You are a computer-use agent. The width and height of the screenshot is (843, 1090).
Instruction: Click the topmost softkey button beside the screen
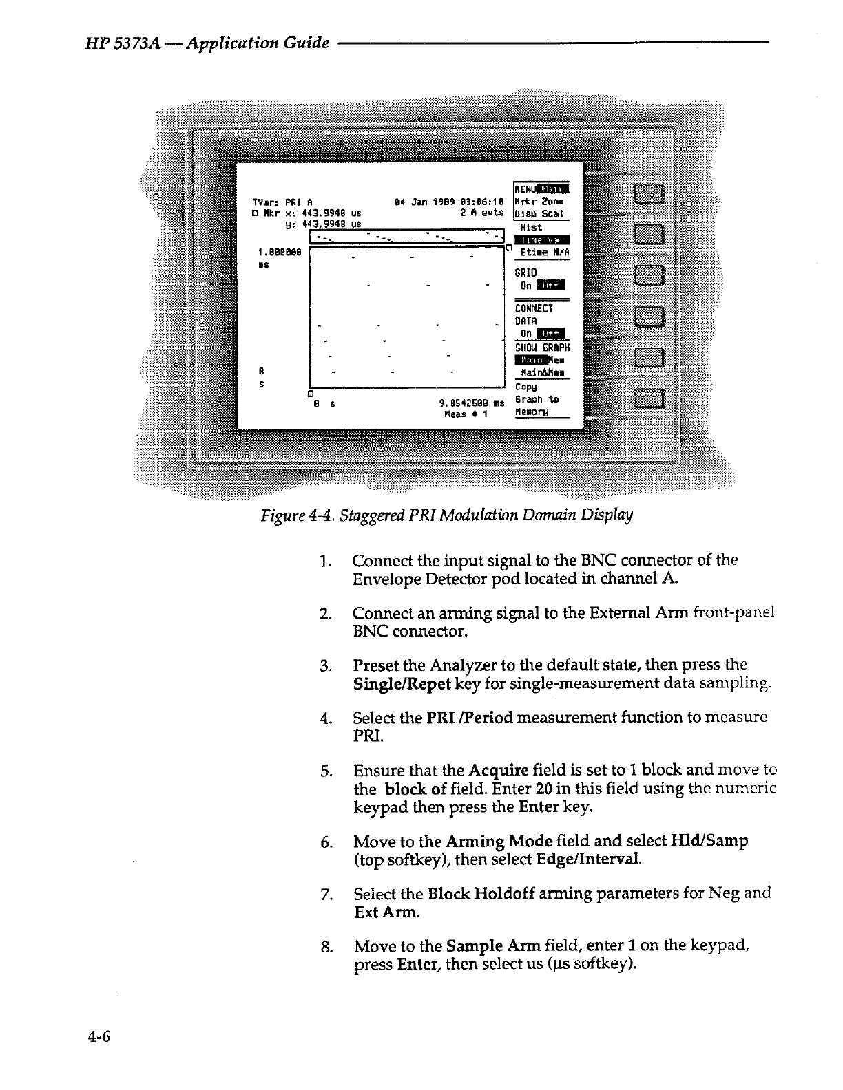pos(649,195)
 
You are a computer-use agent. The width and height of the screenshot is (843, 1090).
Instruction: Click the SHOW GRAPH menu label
pos(541,348)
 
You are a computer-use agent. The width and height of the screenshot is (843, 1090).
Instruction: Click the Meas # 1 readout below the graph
pos(466,414)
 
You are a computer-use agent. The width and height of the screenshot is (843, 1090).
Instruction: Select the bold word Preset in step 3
pos(376,665)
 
